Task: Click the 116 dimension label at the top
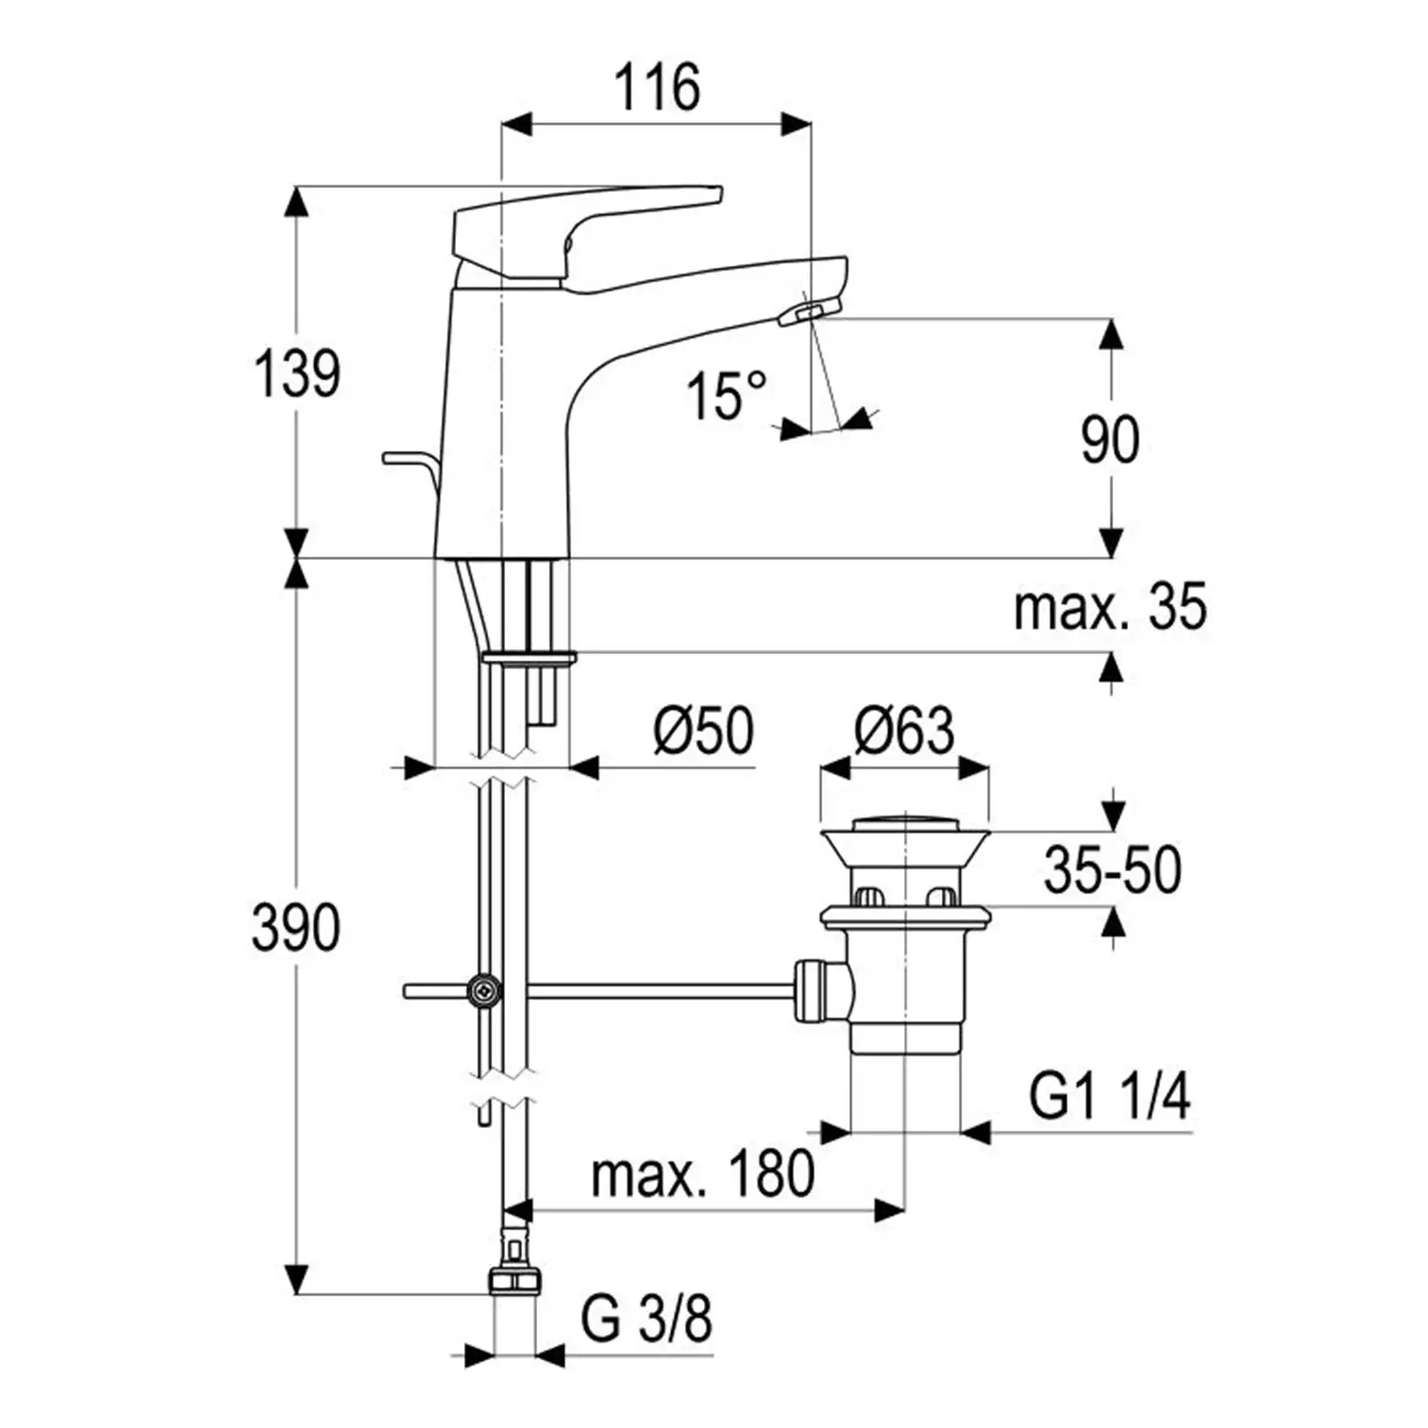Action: [657, 87]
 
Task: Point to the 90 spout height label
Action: [1110, 439]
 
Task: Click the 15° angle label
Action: [726, 395]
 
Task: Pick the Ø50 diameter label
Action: [703, 730]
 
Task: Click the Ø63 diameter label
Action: [904, 730]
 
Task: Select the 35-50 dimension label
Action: [1113, 870]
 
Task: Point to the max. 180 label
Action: [703, 1174]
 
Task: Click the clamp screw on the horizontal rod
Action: [485, 990]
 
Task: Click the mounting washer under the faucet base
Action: [529, 659]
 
